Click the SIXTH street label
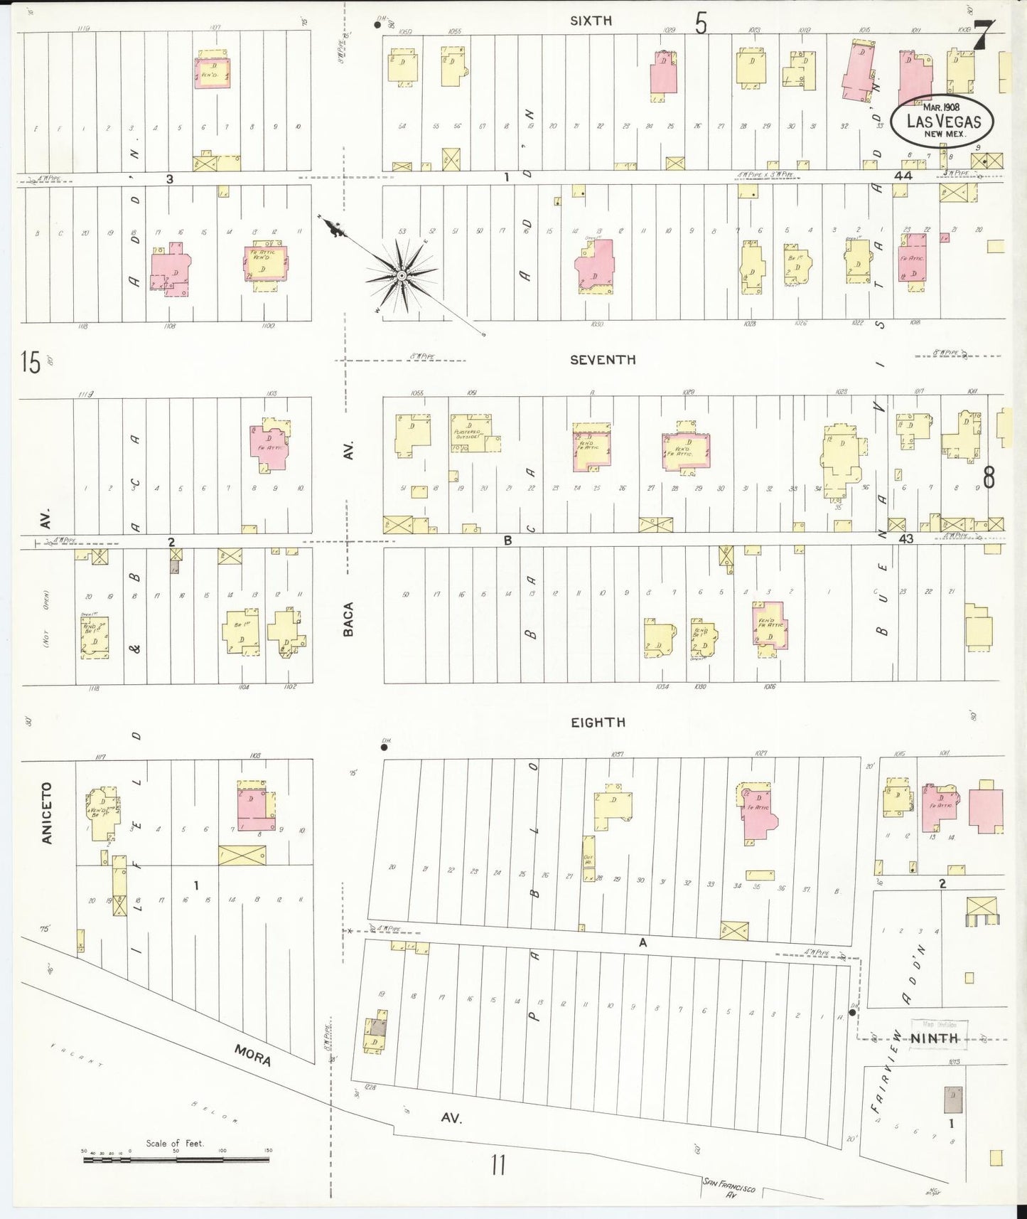coord(591,21)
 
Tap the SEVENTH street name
coord(602,360)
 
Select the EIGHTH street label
coord(598,723)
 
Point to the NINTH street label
coord(935,1038)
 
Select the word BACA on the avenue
coord(348,619)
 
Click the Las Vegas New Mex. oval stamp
coord(943,121)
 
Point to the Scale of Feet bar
coord(176,1160)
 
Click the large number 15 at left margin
coord(31,362)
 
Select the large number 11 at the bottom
coord(498,1165)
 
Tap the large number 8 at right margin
coord(988,477)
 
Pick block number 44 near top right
coord(903,175)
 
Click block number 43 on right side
coord(905,539)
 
